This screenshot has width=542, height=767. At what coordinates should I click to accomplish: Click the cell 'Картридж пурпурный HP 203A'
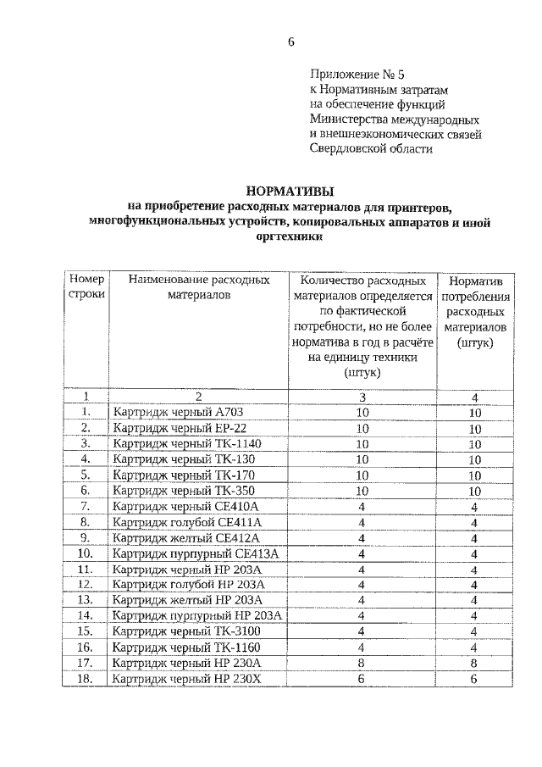click(185, 615)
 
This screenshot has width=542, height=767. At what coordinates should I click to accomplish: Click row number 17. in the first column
click(85, 662)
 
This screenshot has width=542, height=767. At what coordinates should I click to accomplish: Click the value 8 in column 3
click(362, 662)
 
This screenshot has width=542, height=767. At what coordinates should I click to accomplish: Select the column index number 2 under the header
click(198, 396)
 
